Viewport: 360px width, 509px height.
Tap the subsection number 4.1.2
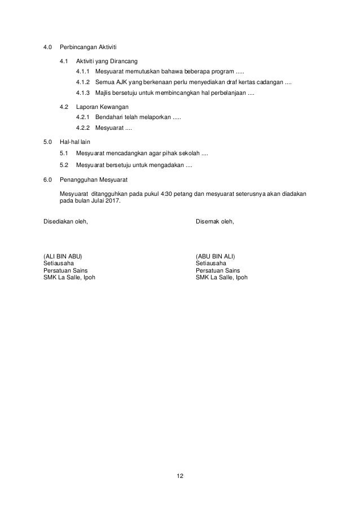pos(83,83)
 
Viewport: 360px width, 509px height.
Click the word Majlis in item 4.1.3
pos(105,93)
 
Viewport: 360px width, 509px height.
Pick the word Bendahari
pos(111,117)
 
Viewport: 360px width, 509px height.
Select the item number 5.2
pos(64,165)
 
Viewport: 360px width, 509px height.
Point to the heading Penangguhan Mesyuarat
pos(94,179)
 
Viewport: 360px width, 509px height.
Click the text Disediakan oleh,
pos(65,221)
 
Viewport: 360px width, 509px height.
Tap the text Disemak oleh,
pos(215,221)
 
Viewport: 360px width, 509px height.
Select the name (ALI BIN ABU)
pos(65,256)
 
